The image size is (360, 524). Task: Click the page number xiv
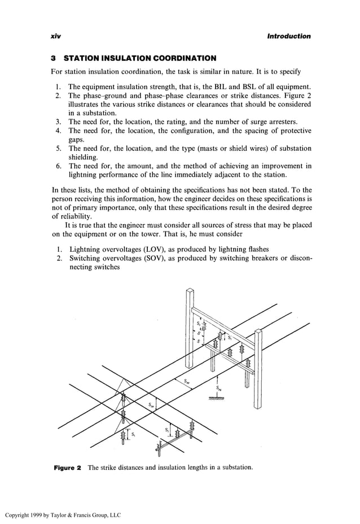[55, 36]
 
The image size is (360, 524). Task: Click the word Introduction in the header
[289, 36]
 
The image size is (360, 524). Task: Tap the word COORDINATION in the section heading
[181, 58]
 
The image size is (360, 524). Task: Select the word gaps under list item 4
[76, 139]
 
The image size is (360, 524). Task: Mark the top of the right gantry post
[258, 332]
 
